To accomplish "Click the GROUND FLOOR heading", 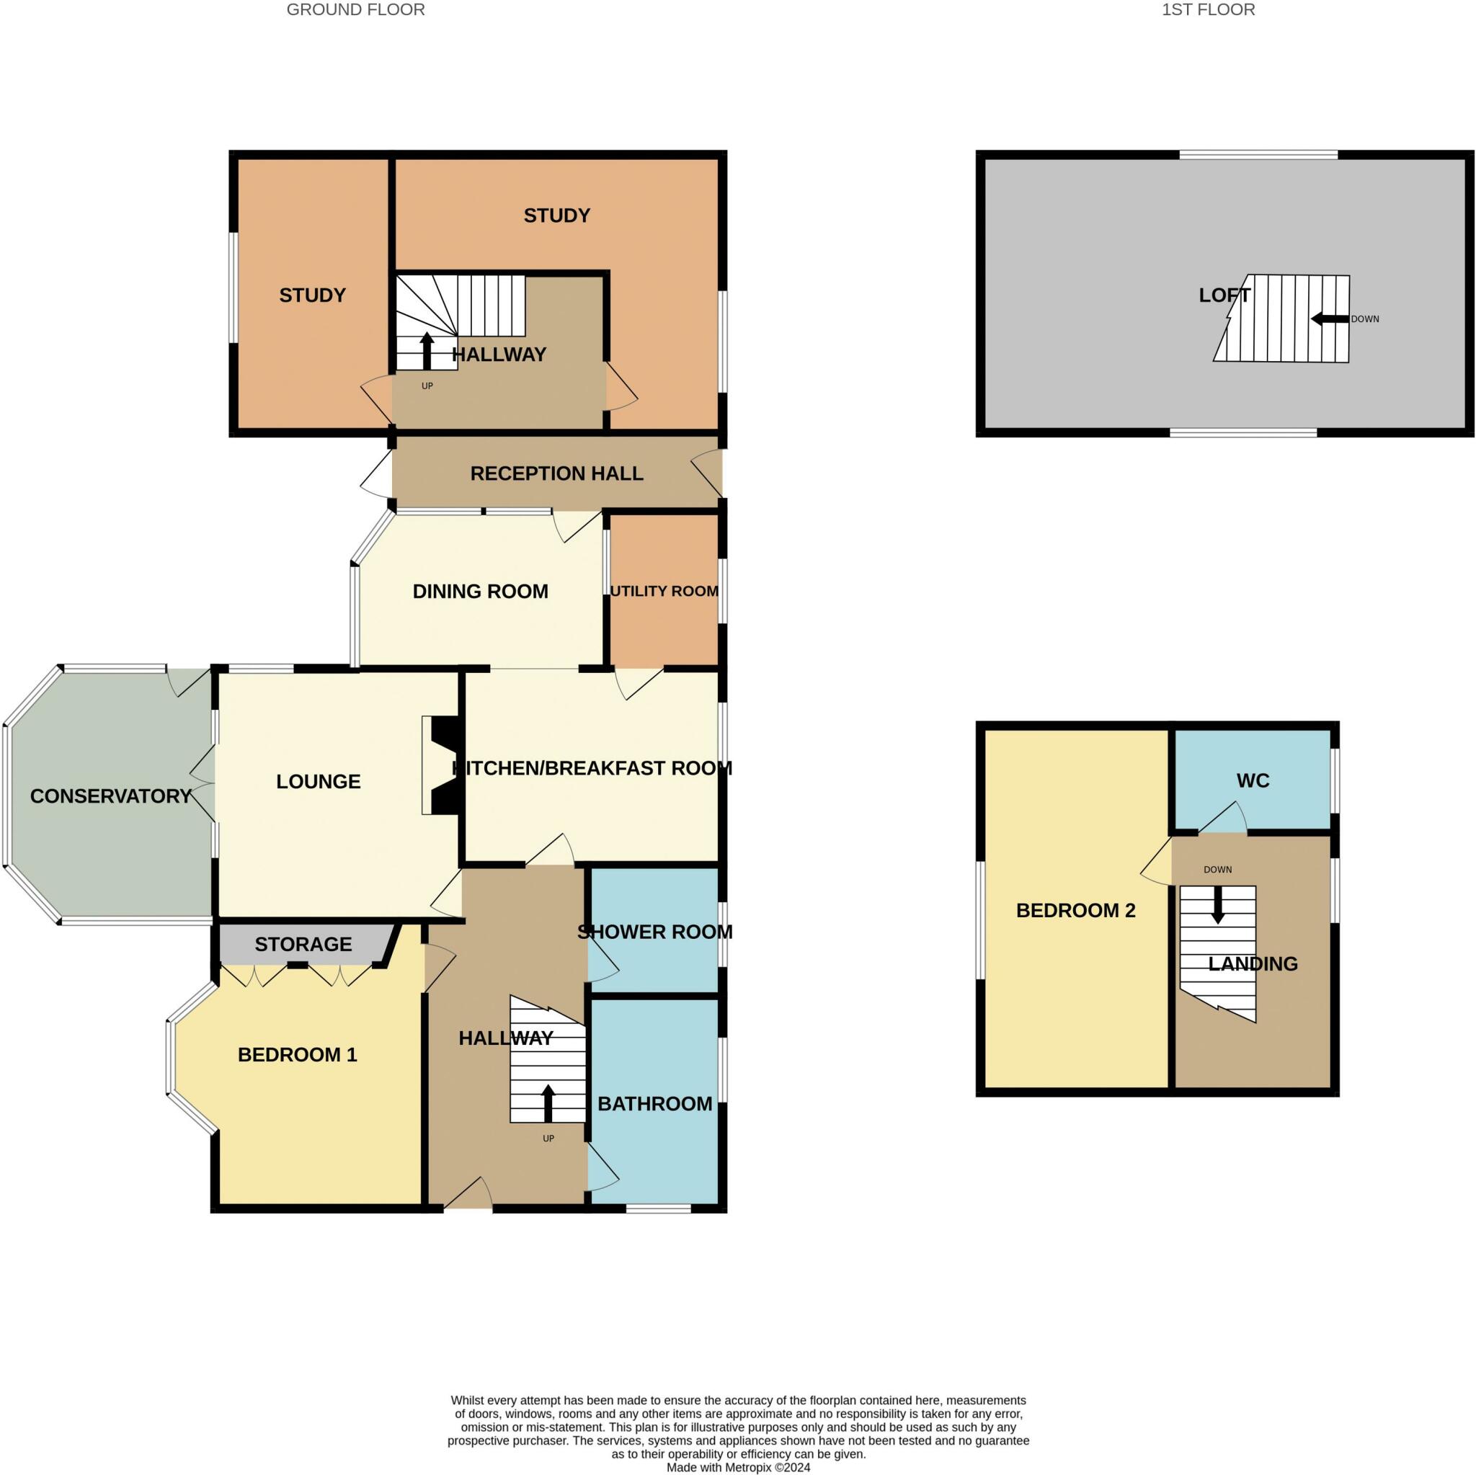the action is (x=355, y=10).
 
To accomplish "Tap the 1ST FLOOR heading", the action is (x=1209, y=10).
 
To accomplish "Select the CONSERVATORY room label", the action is (x=111, y=796).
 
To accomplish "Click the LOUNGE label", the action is (x=319, y=781).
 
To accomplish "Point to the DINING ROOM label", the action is (x=481, y=591).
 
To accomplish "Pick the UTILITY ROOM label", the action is (x=664, y=591).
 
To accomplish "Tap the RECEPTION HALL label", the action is (x=557, y=473).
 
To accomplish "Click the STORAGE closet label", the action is (x=303, y=944).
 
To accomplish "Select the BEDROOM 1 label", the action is (x=297, y=1055).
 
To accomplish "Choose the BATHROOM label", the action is (x=654, y=1104).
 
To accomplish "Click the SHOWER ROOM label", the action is (x=654, y=932).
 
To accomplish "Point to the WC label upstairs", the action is (x=1253, y=780).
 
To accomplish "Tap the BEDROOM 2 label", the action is (x=1076, y=911).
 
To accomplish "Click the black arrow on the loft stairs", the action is (x=1329, y=318).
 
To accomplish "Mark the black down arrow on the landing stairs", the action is (x=1219, y=904).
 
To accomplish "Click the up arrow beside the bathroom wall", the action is (x=548, y=1104).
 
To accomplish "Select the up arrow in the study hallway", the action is (x=427, y=351).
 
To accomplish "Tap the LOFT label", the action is (x=1224, y=295).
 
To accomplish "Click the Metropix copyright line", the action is (x=738, y=1467).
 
